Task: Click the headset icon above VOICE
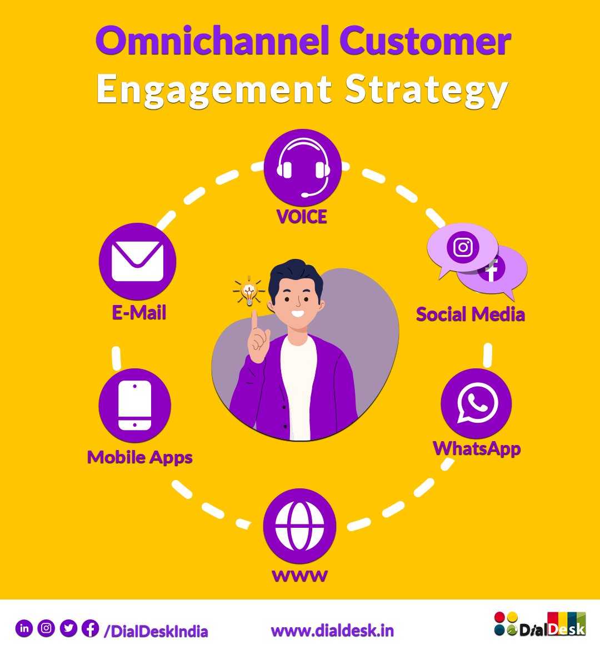coord(303,167)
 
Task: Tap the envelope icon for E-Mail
coord(137,262)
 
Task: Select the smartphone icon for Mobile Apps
coord(134,405)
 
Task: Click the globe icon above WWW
coord(299,526)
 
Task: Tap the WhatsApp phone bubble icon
coord(477,403)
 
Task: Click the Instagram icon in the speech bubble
coord(463,247)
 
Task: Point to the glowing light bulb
coord(248,292)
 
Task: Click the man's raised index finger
coord(254,322)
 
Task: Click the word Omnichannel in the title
coord(214,41)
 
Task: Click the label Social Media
coord(470,314)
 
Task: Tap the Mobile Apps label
coord(140,457)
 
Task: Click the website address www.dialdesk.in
coord(332,631)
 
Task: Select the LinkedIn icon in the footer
coord(24,628)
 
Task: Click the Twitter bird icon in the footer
coord(68,628)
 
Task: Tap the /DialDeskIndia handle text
coord(156,631)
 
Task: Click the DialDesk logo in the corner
coord(539,624)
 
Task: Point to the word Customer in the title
coord(425,41)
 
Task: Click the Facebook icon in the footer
coord(90,628)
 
